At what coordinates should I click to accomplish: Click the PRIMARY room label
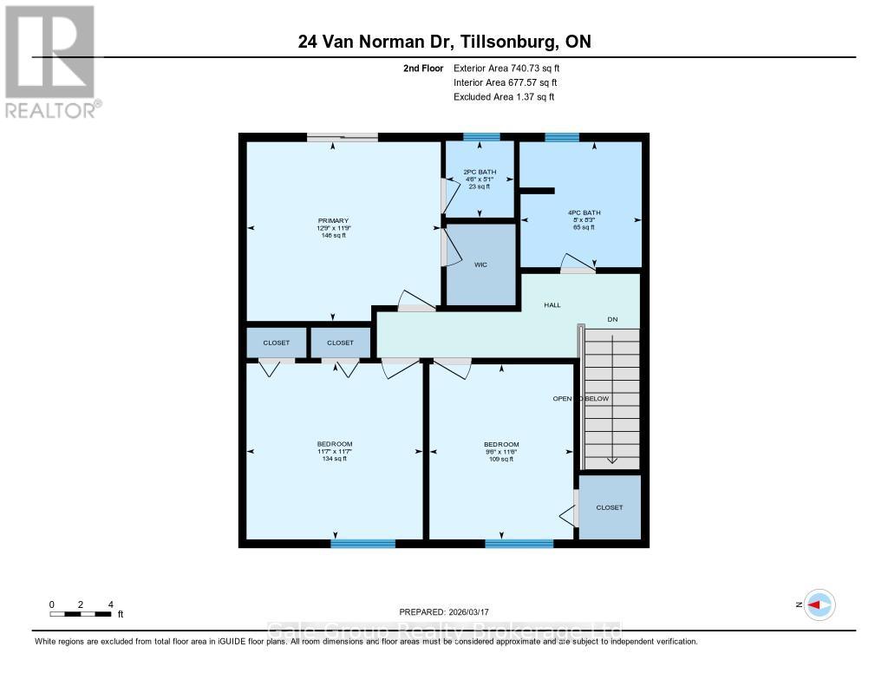pos(331,220)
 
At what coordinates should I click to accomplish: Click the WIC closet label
pos(480,265)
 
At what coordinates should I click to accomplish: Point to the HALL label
pos(552,305)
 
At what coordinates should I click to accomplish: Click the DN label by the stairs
pos(611,319)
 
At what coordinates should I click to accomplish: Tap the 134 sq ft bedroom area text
pos(334,459)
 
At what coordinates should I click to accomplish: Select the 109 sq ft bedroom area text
pos(501,459)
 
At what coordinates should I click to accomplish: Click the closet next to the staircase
pos(610,507)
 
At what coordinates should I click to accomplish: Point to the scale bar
pos(81,614)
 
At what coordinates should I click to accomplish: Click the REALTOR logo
pos(50,61)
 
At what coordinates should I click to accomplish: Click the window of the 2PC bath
pos(481,137)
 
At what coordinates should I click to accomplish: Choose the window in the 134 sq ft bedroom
pos(362,544)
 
